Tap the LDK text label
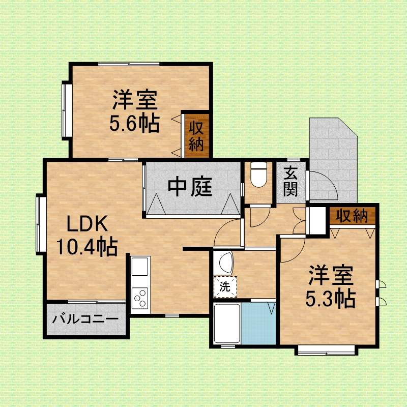(86, 224)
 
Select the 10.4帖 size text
(86, 247)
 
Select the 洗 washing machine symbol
(224, 286)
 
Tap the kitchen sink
(140, 266)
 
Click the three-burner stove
(140, 297)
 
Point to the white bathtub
(226, 324)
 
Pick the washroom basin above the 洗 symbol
(224, 263)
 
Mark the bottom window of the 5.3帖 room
(326, 350)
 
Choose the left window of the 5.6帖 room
(65, 109)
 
